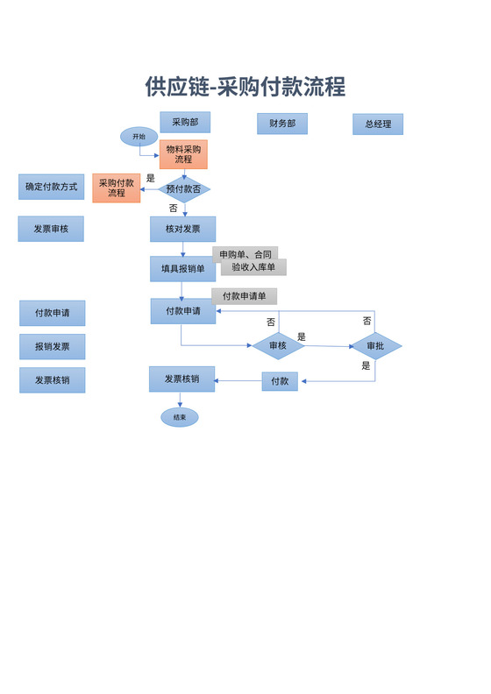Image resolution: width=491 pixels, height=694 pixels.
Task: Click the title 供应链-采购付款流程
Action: point(245,87)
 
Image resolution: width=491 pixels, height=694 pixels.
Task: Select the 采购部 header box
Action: point(185,123)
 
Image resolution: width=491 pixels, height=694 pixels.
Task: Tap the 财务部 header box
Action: point(281,124)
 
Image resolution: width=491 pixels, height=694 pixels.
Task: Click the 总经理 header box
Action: point(378,124)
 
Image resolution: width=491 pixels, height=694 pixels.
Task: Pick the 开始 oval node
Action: point(139,137)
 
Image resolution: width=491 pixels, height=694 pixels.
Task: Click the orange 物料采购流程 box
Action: point(183,154)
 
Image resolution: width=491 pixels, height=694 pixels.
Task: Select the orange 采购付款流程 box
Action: point(117,188)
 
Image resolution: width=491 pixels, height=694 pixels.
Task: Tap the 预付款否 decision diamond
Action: point(183,189)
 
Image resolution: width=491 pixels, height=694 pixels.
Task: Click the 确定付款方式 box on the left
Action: point(51,187)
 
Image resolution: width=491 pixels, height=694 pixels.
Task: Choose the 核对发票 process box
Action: point(183,230)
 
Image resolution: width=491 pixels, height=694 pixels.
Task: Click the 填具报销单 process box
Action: point(182,269)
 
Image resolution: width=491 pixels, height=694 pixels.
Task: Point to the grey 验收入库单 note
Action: point(253,267)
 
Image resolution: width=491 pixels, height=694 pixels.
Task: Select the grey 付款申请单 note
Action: point(250,296)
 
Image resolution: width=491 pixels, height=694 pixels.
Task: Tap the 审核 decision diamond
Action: point(278,346)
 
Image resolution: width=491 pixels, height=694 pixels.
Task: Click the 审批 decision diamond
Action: point(375,346)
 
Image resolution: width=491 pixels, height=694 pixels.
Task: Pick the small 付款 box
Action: point(280,381)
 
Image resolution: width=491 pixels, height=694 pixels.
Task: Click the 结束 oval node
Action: point(180,418)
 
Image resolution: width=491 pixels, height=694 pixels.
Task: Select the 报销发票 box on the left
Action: point(53,347)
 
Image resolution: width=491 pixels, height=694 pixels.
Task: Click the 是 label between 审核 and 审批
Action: point(302,336)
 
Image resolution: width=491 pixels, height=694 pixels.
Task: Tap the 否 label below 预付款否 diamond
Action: point(173,209)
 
